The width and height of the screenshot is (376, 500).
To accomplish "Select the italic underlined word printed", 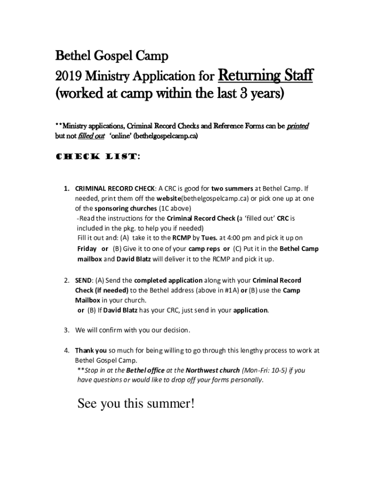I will (297, 126).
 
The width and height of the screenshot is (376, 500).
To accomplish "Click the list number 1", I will (66, 188).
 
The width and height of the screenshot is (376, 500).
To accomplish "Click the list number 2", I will (66, 280).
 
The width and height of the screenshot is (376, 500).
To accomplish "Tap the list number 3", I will (66, 330).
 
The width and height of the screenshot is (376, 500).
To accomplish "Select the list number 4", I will (66, 350).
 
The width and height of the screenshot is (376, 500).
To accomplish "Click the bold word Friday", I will (87, 249).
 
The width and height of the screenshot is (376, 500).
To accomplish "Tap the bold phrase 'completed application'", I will (168, 280).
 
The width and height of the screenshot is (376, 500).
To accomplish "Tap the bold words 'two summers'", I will (232, 188).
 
